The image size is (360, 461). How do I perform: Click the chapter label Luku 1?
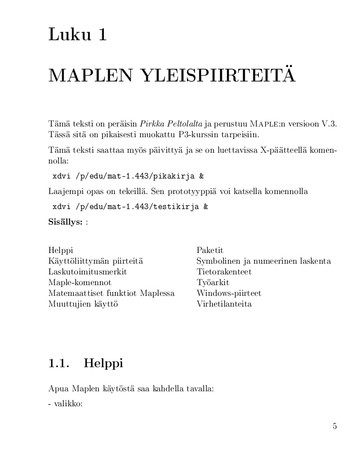click(x=78, y=35)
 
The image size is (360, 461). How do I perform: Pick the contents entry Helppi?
click(x=61, y=250)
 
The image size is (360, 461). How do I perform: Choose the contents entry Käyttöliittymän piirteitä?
click(x=95, y=261)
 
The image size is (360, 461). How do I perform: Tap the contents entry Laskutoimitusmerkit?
click(x=87, y=272)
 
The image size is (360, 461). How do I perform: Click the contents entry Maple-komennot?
click(x=80, y=282)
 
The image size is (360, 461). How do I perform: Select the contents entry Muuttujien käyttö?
click(x=83, y=304)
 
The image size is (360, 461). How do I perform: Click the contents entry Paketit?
click(x=210, y=250)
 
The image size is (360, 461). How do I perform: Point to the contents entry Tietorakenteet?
click(x=224, y=272)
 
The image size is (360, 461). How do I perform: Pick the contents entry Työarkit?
click(x=213, y=282)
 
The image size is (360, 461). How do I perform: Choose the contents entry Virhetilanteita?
click(x=224, y=304)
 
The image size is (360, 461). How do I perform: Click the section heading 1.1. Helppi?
click(x=86, y=363)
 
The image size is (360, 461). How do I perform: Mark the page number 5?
click(x=335, y=427)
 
